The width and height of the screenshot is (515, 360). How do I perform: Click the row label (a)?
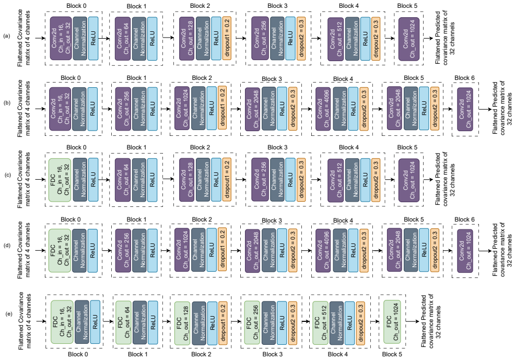(7, 36)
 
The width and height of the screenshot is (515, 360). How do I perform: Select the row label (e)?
(9, 313)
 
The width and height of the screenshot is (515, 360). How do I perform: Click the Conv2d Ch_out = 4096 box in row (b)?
(323, 109)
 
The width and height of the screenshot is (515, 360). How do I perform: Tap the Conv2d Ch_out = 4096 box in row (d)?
(323, 251)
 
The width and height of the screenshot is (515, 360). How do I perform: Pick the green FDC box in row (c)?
(60, 180)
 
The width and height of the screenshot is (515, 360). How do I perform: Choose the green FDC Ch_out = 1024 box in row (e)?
(392, 321)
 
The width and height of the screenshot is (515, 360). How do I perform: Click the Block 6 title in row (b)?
(464, 78)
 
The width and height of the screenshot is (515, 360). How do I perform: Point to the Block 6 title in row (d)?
(464, 219)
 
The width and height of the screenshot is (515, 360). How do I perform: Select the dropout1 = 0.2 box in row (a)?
(227, 38)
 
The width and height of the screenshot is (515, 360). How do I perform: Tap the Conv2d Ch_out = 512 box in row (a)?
(336, 39)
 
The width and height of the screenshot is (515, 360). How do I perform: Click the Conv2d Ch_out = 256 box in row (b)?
(123, 109)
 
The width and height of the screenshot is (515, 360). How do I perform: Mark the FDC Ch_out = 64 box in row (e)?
(123, 322)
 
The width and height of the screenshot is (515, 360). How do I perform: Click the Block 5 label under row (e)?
(392, 354)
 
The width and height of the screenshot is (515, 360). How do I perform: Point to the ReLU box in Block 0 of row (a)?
(93, 38)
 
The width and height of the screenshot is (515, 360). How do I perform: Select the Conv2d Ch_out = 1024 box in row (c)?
(408, 180)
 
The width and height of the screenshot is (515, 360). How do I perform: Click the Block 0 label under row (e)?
(78, 354)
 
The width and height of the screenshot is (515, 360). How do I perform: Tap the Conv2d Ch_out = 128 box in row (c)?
(186, 180)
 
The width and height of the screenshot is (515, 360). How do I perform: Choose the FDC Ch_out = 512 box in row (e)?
(320, 323)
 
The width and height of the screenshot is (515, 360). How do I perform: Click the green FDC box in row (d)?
(60, 251)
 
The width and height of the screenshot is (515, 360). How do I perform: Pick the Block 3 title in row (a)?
(277, 6)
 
